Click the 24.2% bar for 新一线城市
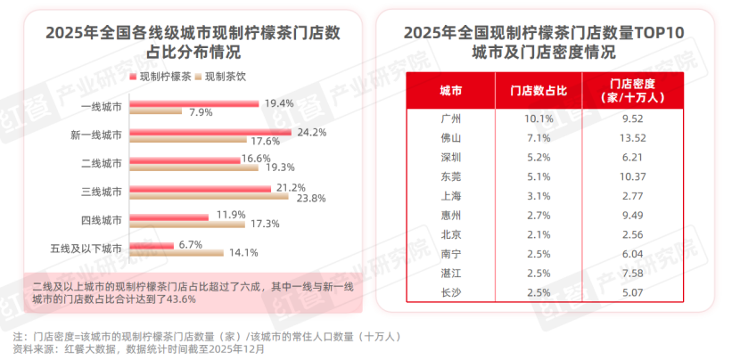click(x=210, y=133)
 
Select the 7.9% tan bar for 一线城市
click(x=156, y=112)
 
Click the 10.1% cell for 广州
click(x=539, y=118)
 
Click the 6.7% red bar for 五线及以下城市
click(x=152, y=243)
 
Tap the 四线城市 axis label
click(x=99, y=218)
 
